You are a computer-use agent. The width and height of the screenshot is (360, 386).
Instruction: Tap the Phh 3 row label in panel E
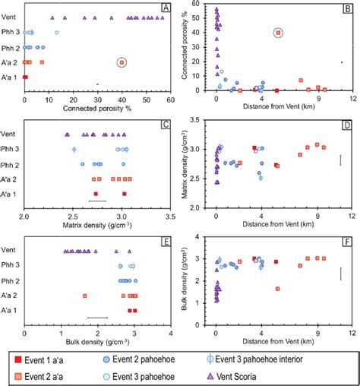pos(11,265)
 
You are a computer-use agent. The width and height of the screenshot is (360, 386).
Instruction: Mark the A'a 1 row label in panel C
pos(11,194)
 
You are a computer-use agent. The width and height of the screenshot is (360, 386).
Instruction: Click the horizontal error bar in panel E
pos(98,318)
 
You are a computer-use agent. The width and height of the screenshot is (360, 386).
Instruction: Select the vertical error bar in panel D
pos(341,160)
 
